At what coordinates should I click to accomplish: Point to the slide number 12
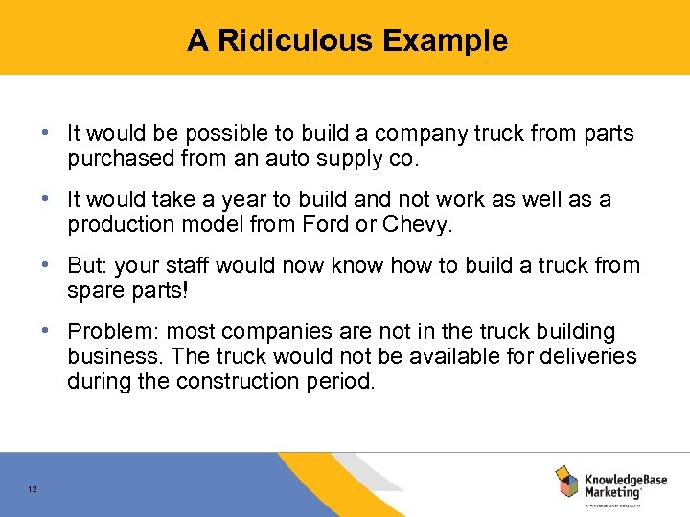point(32,490)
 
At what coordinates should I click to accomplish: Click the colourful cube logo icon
point(566,482)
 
